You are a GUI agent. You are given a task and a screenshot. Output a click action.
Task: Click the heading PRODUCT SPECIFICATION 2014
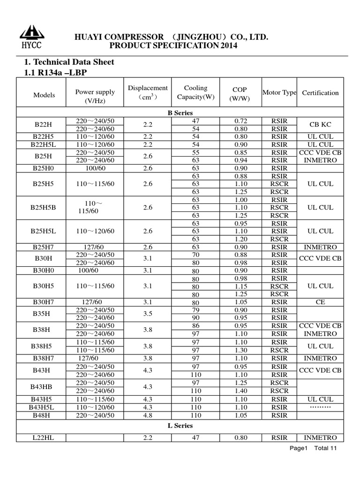173,45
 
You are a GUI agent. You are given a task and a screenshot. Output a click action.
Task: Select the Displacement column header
148,92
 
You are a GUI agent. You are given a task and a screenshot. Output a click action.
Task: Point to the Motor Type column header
279,93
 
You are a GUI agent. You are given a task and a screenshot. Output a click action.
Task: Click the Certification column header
320,93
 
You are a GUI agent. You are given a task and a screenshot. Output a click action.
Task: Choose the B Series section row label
180,113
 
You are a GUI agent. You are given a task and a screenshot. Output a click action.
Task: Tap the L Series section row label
180,426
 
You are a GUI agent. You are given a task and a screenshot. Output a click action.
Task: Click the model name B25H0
44,168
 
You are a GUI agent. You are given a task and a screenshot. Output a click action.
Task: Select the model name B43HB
44,387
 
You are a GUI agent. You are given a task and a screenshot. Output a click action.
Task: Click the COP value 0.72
240,121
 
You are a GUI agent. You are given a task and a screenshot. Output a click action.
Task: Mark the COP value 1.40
240,391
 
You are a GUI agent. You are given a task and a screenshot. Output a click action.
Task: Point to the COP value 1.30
240,350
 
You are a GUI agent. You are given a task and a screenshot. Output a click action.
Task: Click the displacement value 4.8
148,415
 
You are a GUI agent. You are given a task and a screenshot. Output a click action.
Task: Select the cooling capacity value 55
195,152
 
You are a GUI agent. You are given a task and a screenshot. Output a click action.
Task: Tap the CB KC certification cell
320,125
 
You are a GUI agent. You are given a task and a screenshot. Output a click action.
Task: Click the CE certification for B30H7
320,302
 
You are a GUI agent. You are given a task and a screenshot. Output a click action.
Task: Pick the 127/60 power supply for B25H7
95,247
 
